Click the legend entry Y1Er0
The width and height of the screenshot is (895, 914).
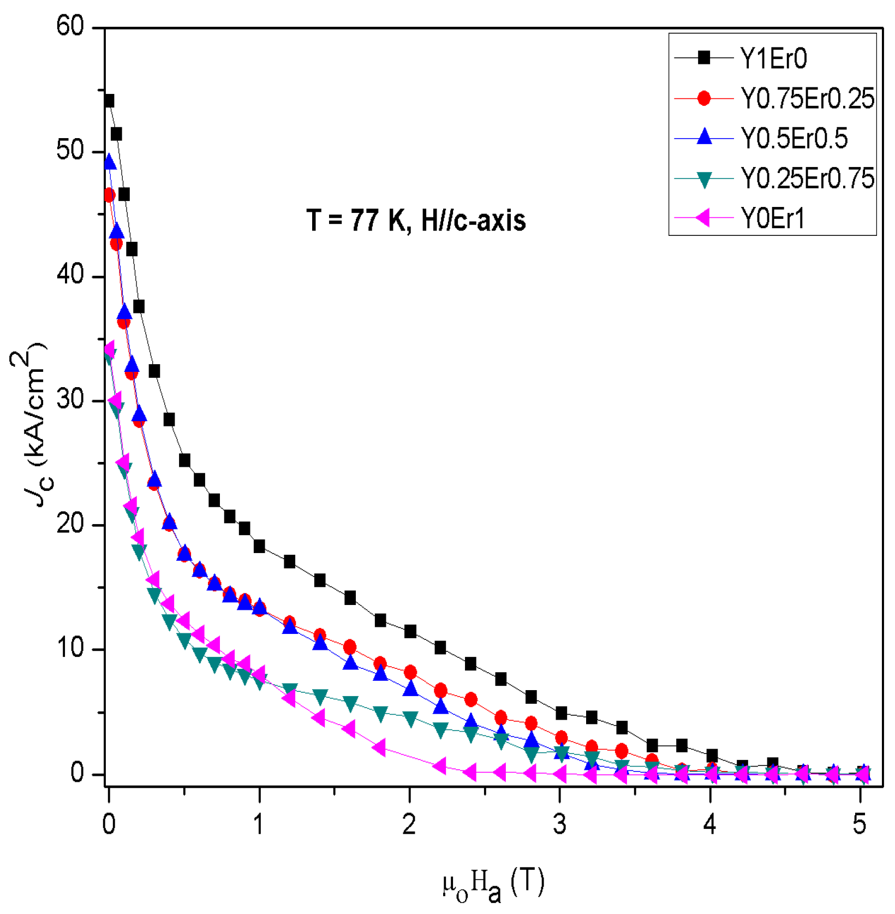(x=773, y=58)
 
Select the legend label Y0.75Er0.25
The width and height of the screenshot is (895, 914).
(x=807, y=99)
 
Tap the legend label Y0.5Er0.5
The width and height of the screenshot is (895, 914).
(x=793, y=139)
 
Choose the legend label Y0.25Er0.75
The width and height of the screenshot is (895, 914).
(x=807, y=179)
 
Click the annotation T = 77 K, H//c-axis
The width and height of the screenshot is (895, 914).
(x=416, y=221)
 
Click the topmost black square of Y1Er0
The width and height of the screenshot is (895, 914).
(x=109, y=101)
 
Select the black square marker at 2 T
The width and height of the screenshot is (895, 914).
(x=410, y=632)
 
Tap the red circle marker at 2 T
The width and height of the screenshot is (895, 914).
(x=410, y=672)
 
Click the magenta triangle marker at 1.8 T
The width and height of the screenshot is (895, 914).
(x=379, y=747)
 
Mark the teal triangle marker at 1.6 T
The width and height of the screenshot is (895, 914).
(x=350, y=704)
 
